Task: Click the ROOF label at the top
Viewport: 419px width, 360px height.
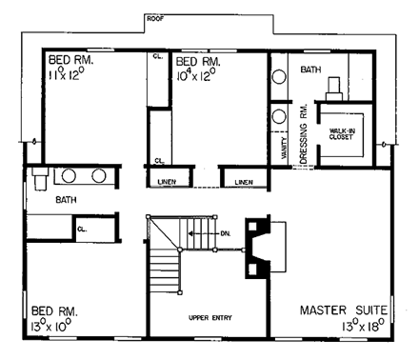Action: click(x=156, y=17)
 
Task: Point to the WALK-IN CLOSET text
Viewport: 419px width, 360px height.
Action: click(x=343, y=134)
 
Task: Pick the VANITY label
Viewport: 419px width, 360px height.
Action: click(x=284, y=150)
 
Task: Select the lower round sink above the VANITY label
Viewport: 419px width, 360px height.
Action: click(x=280, y=117)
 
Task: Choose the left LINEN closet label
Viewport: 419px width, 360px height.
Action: click(x=166, y=181)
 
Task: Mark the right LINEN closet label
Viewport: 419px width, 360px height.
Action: click(x=243, y=181)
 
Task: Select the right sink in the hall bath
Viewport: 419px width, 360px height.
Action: click(x=98, y=176)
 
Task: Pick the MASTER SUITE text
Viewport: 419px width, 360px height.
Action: click(x=342, y=311)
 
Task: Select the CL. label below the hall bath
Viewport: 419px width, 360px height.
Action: click(x=83, y=230)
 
